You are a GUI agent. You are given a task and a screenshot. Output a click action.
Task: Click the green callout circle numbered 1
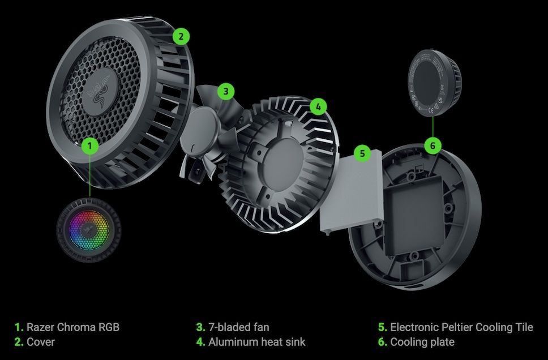click(90, 145)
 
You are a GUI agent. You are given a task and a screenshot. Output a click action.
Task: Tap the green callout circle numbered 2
click(181, 36)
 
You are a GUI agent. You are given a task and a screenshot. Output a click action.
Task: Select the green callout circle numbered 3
click(226, 92)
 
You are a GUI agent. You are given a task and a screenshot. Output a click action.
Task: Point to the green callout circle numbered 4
click(318, 106)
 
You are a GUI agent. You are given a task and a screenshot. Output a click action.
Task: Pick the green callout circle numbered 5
click(362, 153)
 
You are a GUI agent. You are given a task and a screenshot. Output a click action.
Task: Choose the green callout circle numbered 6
click(433, 145)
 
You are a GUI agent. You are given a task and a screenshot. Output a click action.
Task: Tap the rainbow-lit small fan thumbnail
click(89, 230)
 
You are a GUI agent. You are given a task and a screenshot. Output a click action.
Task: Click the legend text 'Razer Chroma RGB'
click(73, 327)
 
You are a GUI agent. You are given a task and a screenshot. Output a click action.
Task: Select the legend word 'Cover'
click(41, 342)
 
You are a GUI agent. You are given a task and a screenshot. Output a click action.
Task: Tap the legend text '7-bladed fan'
click(239, 327)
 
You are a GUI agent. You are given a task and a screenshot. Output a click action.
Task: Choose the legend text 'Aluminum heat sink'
click(257, 342)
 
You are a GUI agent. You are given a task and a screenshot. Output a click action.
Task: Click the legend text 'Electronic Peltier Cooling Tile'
click(461, 327)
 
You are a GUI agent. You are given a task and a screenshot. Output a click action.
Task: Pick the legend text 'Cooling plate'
click(422, 342)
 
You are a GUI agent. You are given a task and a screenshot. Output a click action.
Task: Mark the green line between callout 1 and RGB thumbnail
click(90, 176)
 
